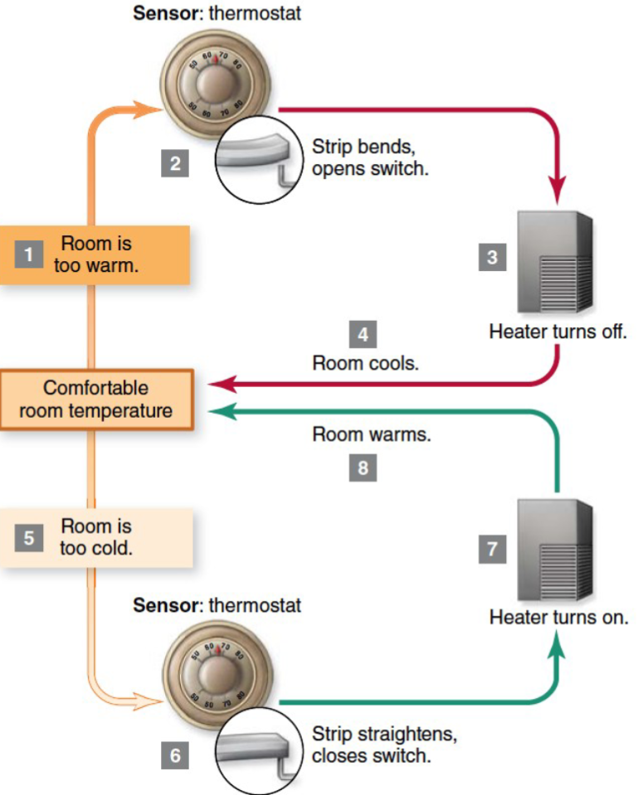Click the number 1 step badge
coord(28,255)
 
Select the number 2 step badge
coord(175,163)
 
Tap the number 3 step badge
coord(492,257)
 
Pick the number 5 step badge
coord(28,539)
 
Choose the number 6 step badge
coord(175,755)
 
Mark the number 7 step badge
coord(492,549)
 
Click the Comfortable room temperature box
coord(96,400)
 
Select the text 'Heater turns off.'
coord(556,333)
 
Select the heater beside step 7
coord(555,548)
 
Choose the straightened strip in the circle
coord(252,749)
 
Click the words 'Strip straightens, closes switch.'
coord(383,745)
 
